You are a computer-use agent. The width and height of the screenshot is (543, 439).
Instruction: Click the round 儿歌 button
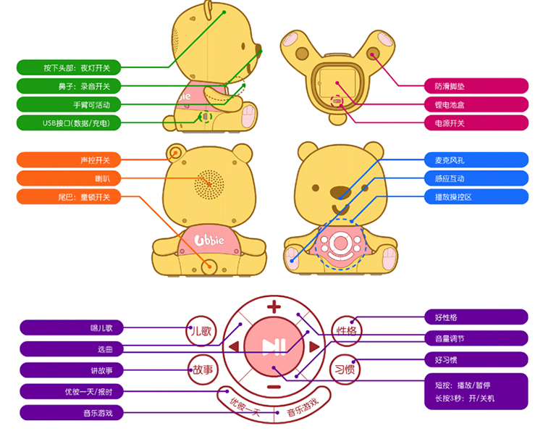[202, 331]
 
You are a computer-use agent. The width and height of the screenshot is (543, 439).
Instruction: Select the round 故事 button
[202, 369]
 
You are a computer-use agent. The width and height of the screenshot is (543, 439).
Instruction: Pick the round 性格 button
[346, 331]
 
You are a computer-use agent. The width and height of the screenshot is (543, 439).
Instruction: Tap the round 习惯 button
[345, 369]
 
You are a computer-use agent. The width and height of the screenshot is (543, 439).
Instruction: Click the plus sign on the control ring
[274, 306]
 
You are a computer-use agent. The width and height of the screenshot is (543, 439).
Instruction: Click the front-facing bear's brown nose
[340, 193]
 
